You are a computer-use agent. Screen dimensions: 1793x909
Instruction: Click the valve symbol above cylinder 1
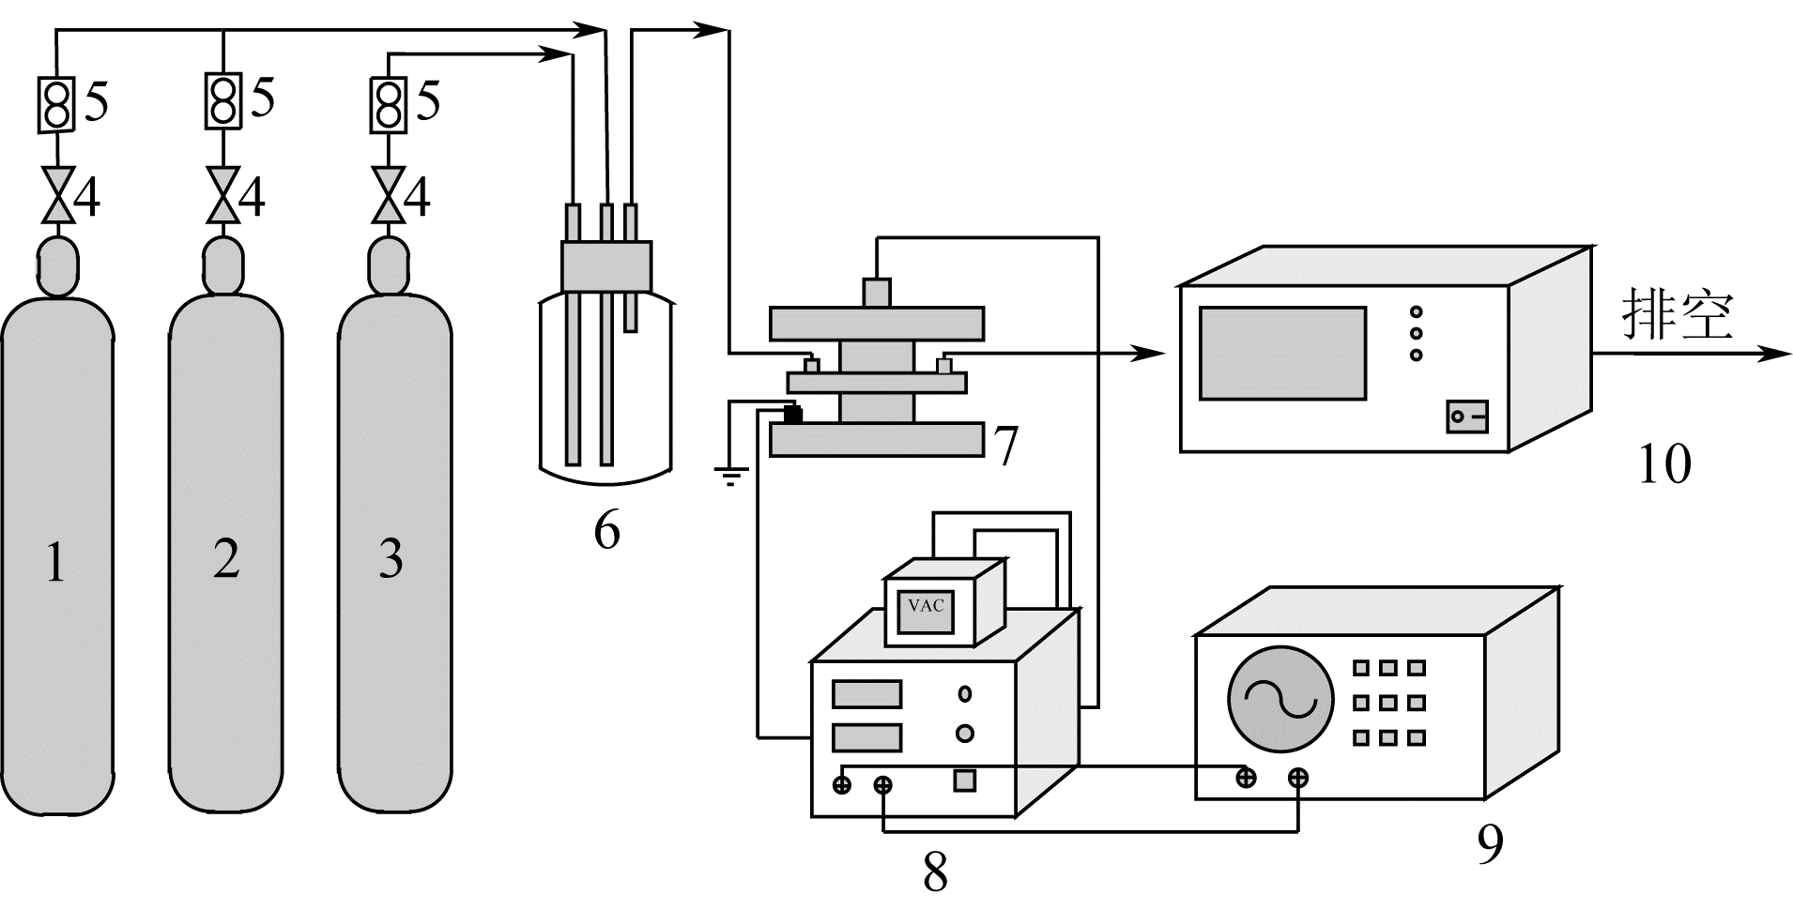(58, 196)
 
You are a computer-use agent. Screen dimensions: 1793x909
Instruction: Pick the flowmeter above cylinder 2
(222, 100)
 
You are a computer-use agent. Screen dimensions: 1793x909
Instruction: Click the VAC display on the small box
(926, 606)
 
